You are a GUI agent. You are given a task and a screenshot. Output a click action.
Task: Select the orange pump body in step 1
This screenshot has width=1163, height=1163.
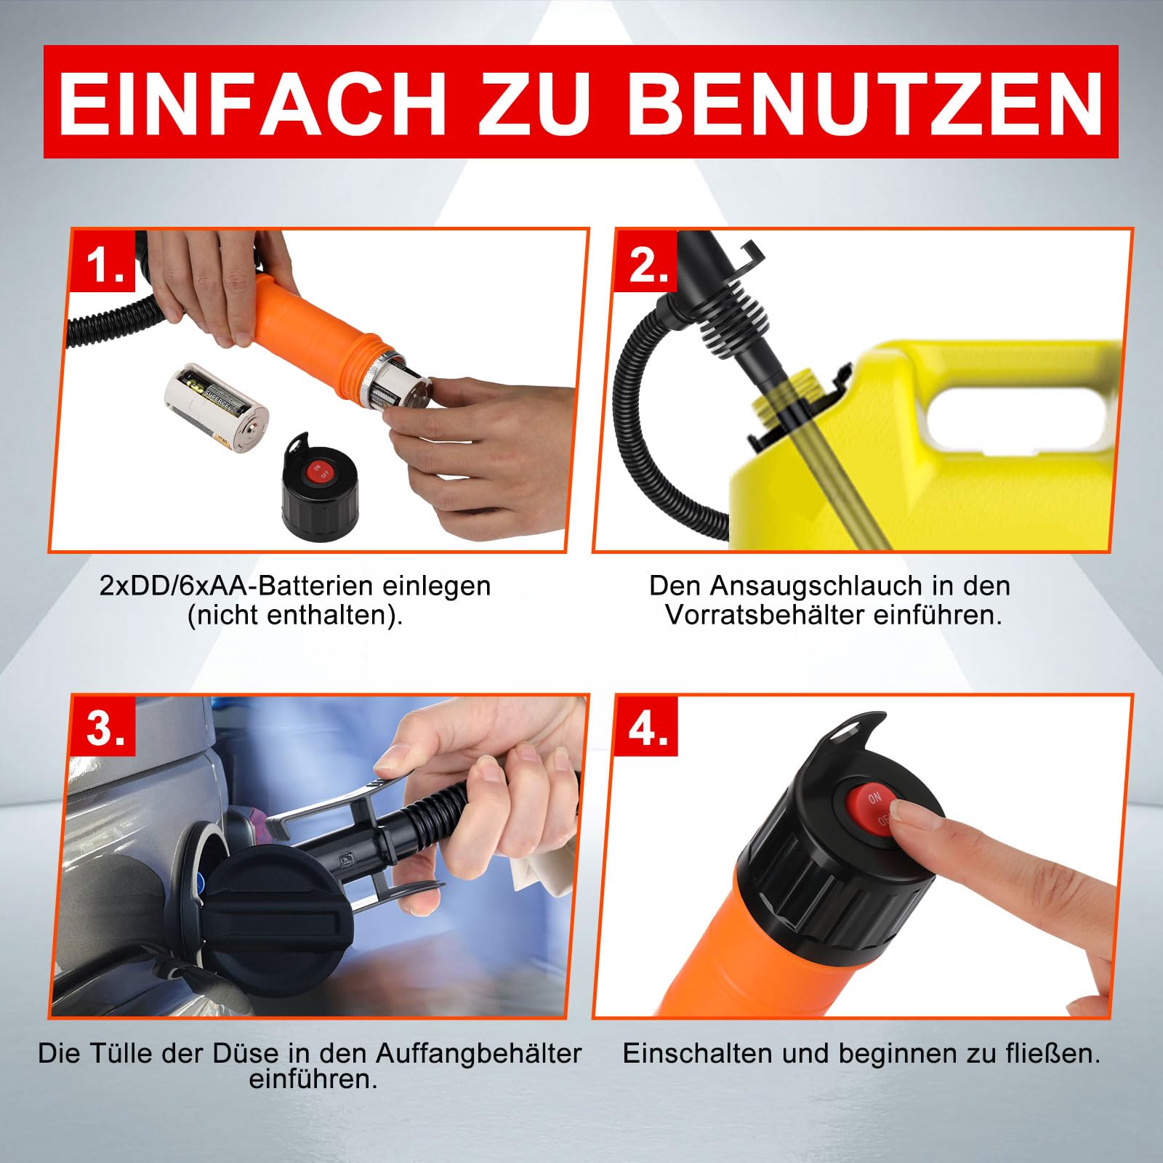[305, 313]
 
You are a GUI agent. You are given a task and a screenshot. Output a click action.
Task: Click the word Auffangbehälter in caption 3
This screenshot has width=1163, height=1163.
[479, 1053]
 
